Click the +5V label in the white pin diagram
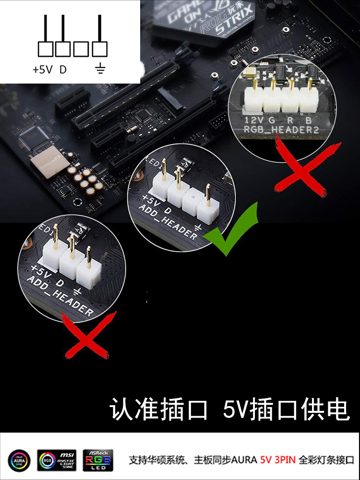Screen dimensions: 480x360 [x=42, y=70]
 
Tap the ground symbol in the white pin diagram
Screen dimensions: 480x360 [x=100, y=70]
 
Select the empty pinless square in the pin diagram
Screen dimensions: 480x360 [x=82, y=49]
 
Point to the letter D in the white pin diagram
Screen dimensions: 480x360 [x=63, y=70]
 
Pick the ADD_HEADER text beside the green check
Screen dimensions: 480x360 [x=168, y=221]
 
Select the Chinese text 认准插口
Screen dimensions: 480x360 [x=159, y=409]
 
